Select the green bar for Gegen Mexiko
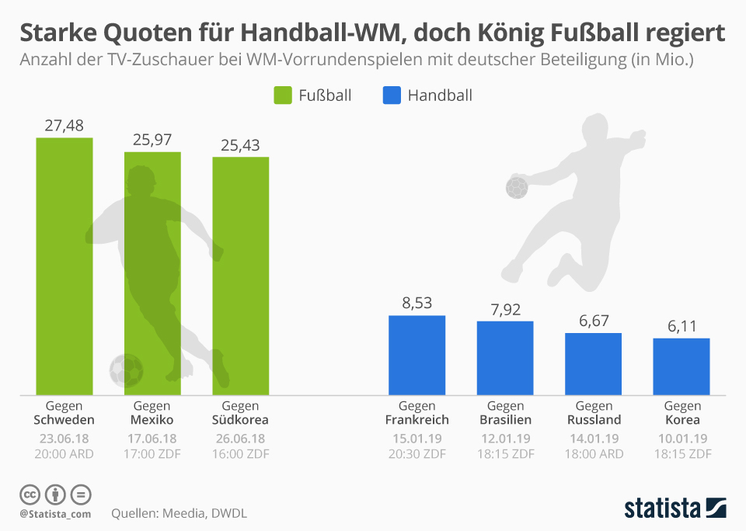click(152, 272)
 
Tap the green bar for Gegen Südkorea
click(241, 276)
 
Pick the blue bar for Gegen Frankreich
click(417, 355)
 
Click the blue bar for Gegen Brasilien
click(505, 357)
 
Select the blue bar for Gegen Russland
click(593, 363)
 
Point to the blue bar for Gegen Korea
click(682, 366)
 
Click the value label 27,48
click(64, 125)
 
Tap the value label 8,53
click(417, 303)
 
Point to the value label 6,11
click(682, 325)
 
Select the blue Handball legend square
click(392, 95)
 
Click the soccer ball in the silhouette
click(126, 370)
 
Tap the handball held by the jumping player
click(517, 187)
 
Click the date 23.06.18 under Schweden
click(64, 438)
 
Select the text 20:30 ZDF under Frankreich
click(417, 453)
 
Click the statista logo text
click(662, 508)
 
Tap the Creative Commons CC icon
click(30, 495)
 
